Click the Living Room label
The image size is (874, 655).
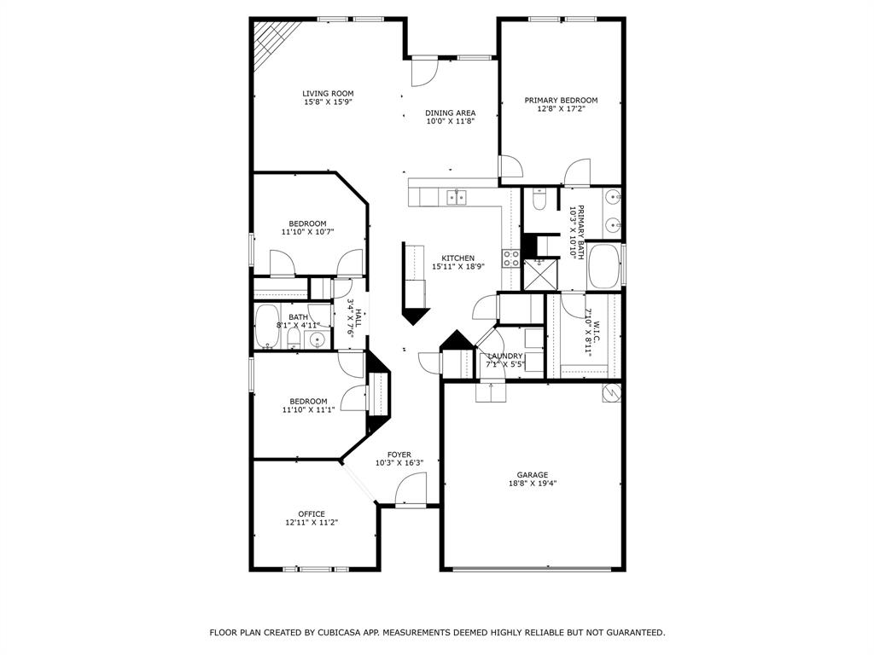[328, 94]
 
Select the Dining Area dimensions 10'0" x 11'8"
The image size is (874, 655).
[450, 122]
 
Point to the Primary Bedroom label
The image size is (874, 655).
[561, 100]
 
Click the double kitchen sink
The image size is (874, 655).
[457, 198]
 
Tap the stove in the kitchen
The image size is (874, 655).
[511, 258]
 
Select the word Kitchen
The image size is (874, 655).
[457, 258]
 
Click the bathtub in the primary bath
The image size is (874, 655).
[604, 266]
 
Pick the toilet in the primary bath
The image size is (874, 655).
[539, 200]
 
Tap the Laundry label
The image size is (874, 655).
[504, 356]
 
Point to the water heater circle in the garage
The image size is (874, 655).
[611, 392]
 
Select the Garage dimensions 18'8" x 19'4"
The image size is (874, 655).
[532, 484]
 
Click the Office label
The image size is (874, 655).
[311, 513]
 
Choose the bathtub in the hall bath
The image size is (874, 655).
[267, 327]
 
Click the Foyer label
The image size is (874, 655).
[399, 455]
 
